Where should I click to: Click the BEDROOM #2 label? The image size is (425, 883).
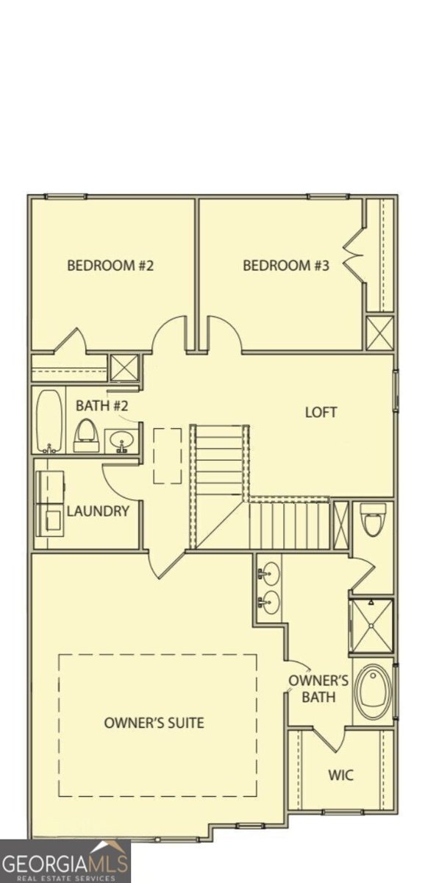[110, 266]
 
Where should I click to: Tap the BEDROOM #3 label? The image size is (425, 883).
[286, 266]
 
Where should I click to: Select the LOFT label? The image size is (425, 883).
[321, 412]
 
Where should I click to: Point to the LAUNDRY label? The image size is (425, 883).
[98, 511]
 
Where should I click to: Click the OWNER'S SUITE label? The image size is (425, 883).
[154, 723]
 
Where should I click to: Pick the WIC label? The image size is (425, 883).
[340, 776]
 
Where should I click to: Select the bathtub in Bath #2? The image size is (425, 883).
[50, 420]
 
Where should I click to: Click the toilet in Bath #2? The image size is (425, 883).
[87, 436]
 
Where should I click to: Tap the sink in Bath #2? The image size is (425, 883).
[121, 441]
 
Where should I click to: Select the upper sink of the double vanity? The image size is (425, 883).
[270, 572]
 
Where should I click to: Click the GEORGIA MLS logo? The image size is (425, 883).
[65, 861]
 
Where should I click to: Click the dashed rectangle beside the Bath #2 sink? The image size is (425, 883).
[167, 455]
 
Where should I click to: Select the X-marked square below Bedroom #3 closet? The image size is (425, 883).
[380, 333]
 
